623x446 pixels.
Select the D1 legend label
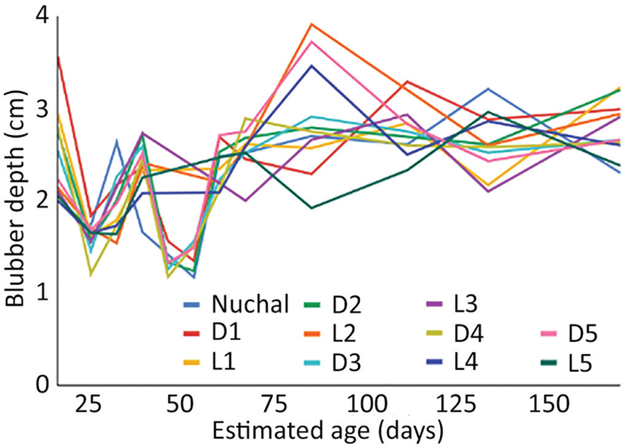(x=226, y=333)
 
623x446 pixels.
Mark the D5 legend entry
(x=581, y=333)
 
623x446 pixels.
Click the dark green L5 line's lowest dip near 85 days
(x=312, y=208)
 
